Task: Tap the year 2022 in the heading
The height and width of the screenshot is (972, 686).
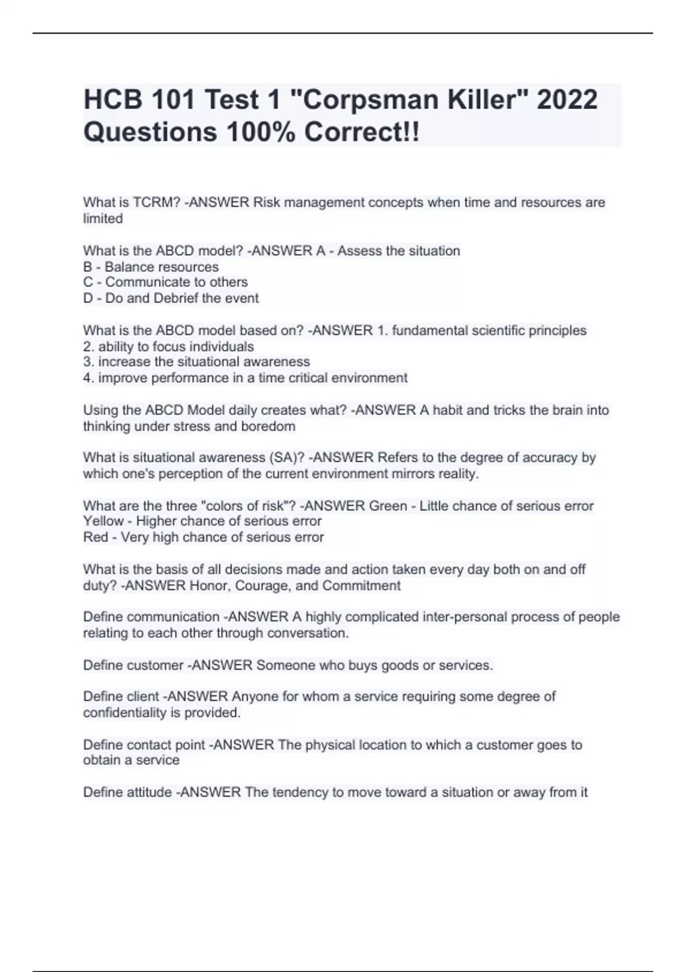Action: [x=567, y=100]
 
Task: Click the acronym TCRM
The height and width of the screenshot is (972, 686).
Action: [x=156, y=202]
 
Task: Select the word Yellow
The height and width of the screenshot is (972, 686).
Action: [x=103, y=521]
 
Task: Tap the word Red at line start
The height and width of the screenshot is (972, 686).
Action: [x=95, y=537]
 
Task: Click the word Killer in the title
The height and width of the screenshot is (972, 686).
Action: [x=488, y=100]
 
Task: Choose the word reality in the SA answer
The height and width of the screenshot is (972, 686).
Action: [x=457, y=474]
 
